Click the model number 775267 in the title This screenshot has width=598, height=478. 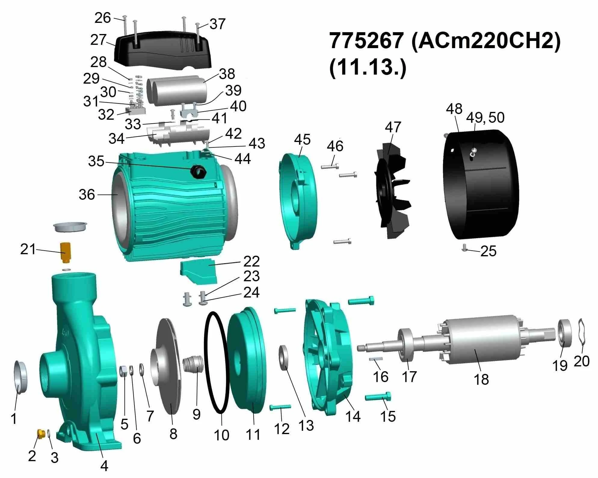(x=366, y=40)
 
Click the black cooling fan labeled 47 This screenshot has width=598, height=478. (x=392, y=191)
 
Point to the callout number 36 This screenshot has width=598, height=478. (x=87, y=195)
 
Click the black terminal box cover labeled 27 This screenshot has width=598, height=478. (x=162, y=50)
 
